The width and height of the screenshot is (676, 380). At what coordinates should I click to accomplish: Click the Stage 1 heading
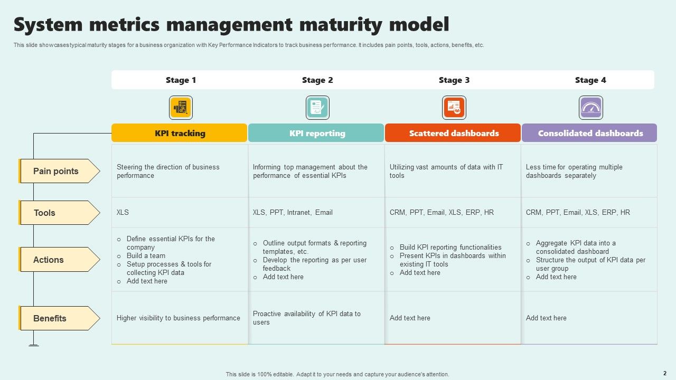coord(181,80)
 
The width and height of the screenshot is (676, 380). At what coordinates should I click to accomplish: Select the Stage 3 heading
coord(454,80)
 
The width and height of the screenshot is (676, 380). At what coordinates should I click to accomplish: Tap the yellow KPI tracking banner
coord(180,133)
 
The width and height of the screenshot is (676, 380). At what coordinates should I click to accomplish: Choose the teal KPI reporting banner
coord(316,133)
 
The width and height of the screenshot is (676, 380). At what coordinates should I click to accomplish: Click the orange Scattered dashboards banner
coord(453,133)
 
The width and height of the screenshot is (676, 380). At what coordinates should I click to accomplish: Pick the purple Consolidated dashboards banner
coord(589,133)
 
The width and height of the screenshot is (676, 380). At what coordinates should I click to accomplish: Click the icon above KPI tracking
coord(181,108)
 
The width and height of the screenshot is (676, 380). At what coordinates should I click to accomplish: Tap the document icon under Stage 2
coord(317,108)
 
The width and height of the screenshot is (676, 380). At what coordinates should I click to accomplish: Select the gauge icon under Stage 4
coord(590,108)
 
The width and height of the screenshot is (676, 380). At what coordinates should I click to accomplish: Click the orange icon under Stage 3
coord(454,108)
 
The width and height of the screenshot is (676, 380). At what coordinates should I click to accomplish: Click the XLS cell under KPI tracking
coord(123,212)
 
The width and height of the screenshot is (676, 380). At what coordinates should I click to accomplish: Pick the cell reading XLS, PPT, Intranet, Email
coord(293,212)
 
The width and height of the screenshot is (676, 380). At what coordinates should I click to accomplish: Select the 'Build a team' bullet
coord(146,256)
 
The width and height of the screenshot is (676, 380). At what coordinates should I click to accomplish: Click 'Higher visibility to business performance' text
coord(178,318)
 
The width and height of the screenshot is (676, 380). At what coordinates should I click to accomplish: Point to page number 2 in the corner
coord(664,373)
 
